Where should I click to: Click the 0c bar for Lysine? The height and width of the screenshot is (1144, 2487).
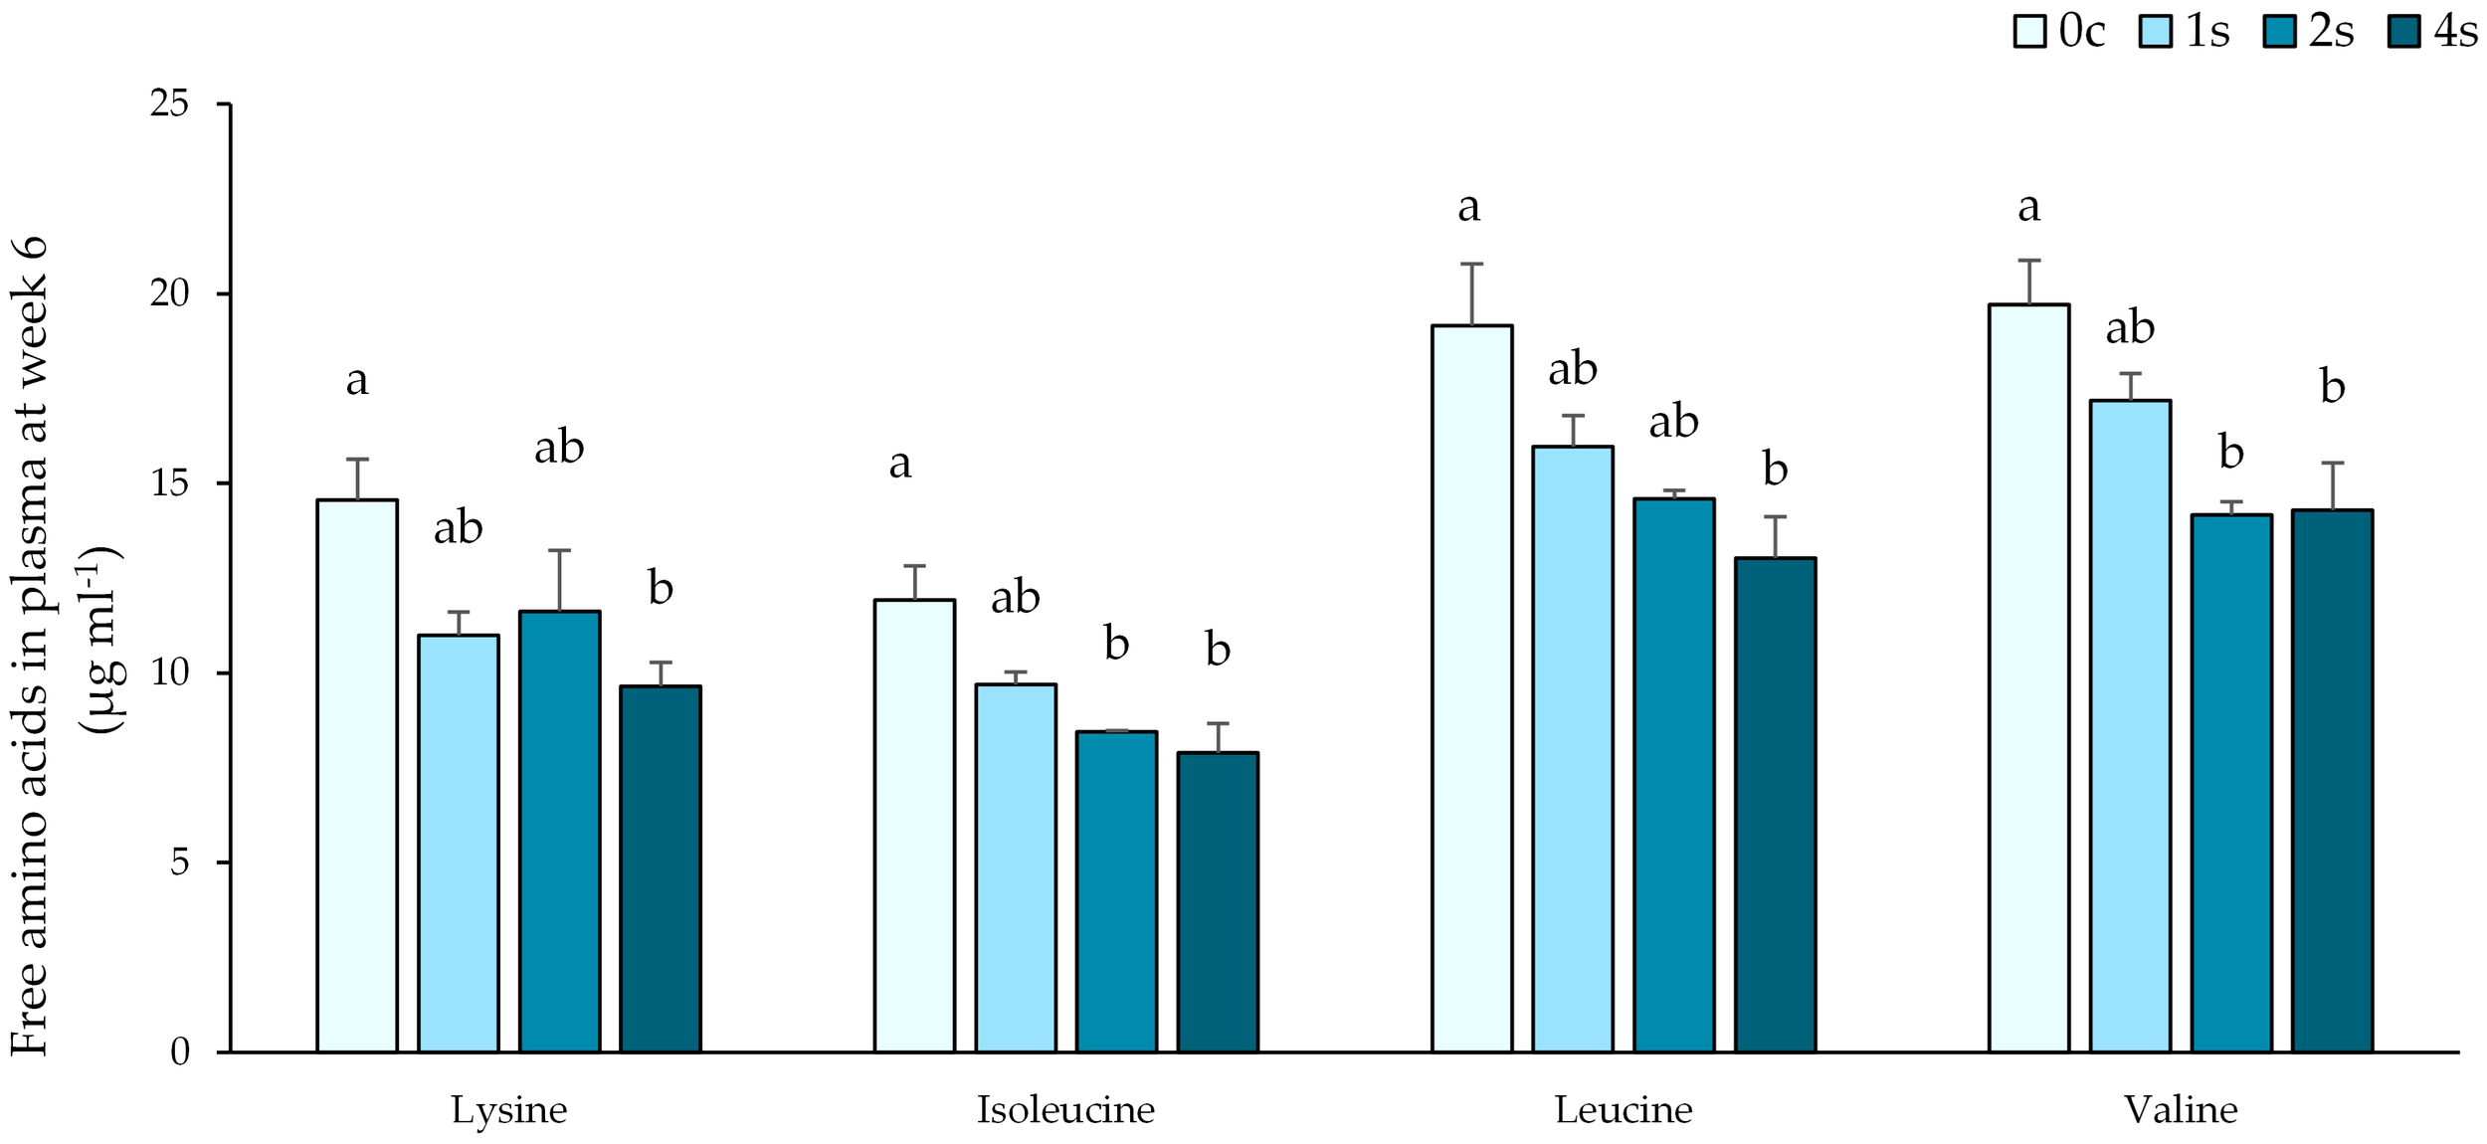tap(357, 776)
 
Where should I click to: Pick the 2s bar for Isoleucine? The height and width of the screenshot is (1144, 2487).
tap(1116, 891)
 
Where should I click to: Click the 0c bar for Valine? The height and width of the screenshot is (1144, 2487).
tap(2028, 677)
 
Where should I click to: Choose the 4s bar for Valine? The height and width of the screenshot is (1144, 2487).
tap(2332, 780)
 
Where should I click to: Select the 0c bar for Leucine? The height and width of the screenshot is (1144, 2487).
tap(1471, 687)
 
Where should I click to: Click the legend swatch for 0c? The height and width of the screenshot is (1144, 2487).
tap(2029, 31)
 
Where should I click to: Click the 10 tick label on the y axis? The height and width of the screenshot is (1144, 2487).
tap(169, 672)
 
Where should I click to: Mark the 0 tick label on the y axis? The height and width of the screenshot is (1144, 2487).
tap(179, 1051)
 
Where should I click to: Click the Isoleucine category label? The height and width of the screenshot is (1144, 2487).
tap(1065, 1109)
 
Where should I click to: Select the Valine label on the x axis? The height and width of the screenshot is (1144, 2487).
tap(2181, 1109)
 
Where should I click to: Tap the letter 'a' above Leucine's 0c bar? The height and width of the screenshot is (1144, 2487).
tap(1469, 207)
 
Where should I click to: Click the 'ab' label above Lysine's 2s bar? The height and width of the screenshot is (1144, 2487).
tap(559, 447)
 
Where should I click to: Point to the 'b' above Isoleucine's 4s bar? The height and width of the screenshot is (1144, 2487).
tap(1218, 649)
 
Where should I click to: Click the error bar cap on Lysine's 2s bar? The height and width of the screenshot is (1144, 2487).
tap(559, 550)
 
